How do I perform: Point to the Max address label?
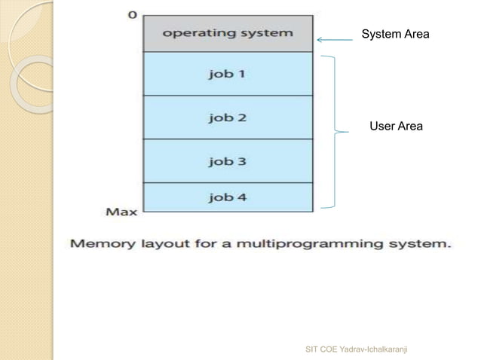pos(121,212)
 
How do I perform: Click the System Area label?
pos(396,34)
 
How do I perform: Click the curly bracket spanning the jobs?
pos(335,132)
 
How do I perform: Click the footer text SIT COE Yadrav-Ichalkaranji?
pos(359,349)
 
